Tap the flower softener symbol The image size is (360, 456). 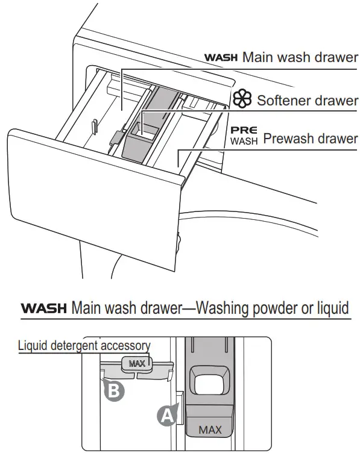click(x=243, y=99)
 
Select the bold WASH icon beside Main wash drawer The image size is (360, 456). click(x=222, y=58)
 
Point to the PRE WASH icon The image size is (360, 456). click(x=244, y=135)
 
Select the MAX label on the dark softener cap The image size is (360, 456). click(x=210, y=430)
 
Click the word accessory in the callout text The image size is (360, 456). click(x=125, y=345)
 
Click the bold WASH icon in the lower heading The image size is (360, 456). click(x=44, y=308)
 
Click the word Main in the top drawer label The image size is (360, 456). click(x=259, y=58)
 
